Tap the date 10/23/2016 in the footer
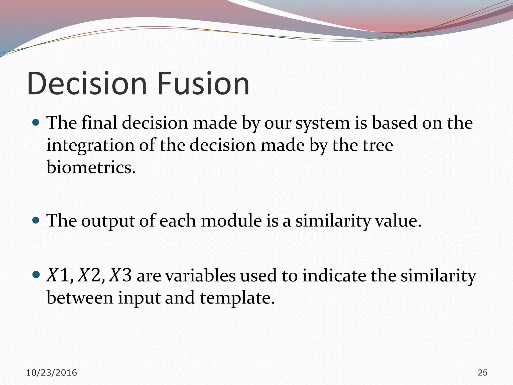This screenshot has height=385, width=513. pos(52,373)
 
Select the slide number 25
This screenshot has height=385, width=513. pos(482,373)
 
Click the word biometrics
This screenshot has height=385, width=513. pos(91,167)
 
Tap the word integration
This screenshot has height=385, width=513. pos(90,146)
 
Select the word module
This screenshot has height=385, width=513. pos(231,221)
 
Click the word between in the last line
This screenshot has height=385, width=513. pos(80,298)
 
